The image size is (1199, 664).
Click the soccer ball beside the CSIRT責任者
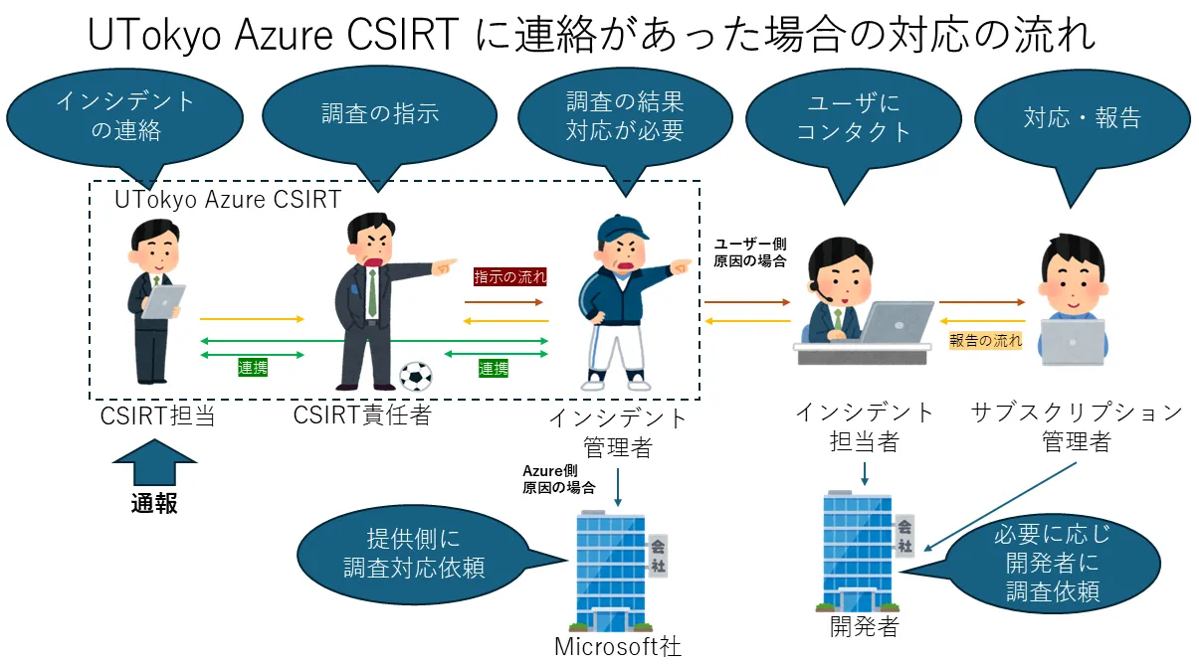(416, 376)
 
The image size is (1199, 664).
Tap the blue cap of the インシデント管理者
(621, 228)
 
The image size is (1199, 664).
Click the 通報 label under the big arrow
(154, 504)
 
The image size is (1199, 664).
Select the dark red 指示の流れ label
(509, 277)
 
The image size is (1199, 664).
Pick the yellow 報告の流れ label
(985, 341)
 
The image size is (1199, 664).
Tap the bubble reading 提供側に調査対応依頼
(413, 554)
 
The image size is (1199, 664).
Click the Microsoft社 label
(617, 646)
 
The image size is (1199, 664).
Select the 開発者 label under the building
(864, 627)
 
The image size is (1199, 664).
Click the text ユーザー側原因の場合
(750, 253)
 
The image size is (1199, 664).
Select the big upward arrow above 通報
(154, 462)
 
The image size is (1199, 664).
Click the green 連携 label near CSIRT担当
(252, 368)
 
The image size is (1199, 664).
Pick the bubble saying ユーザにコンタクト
(853, 117)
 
